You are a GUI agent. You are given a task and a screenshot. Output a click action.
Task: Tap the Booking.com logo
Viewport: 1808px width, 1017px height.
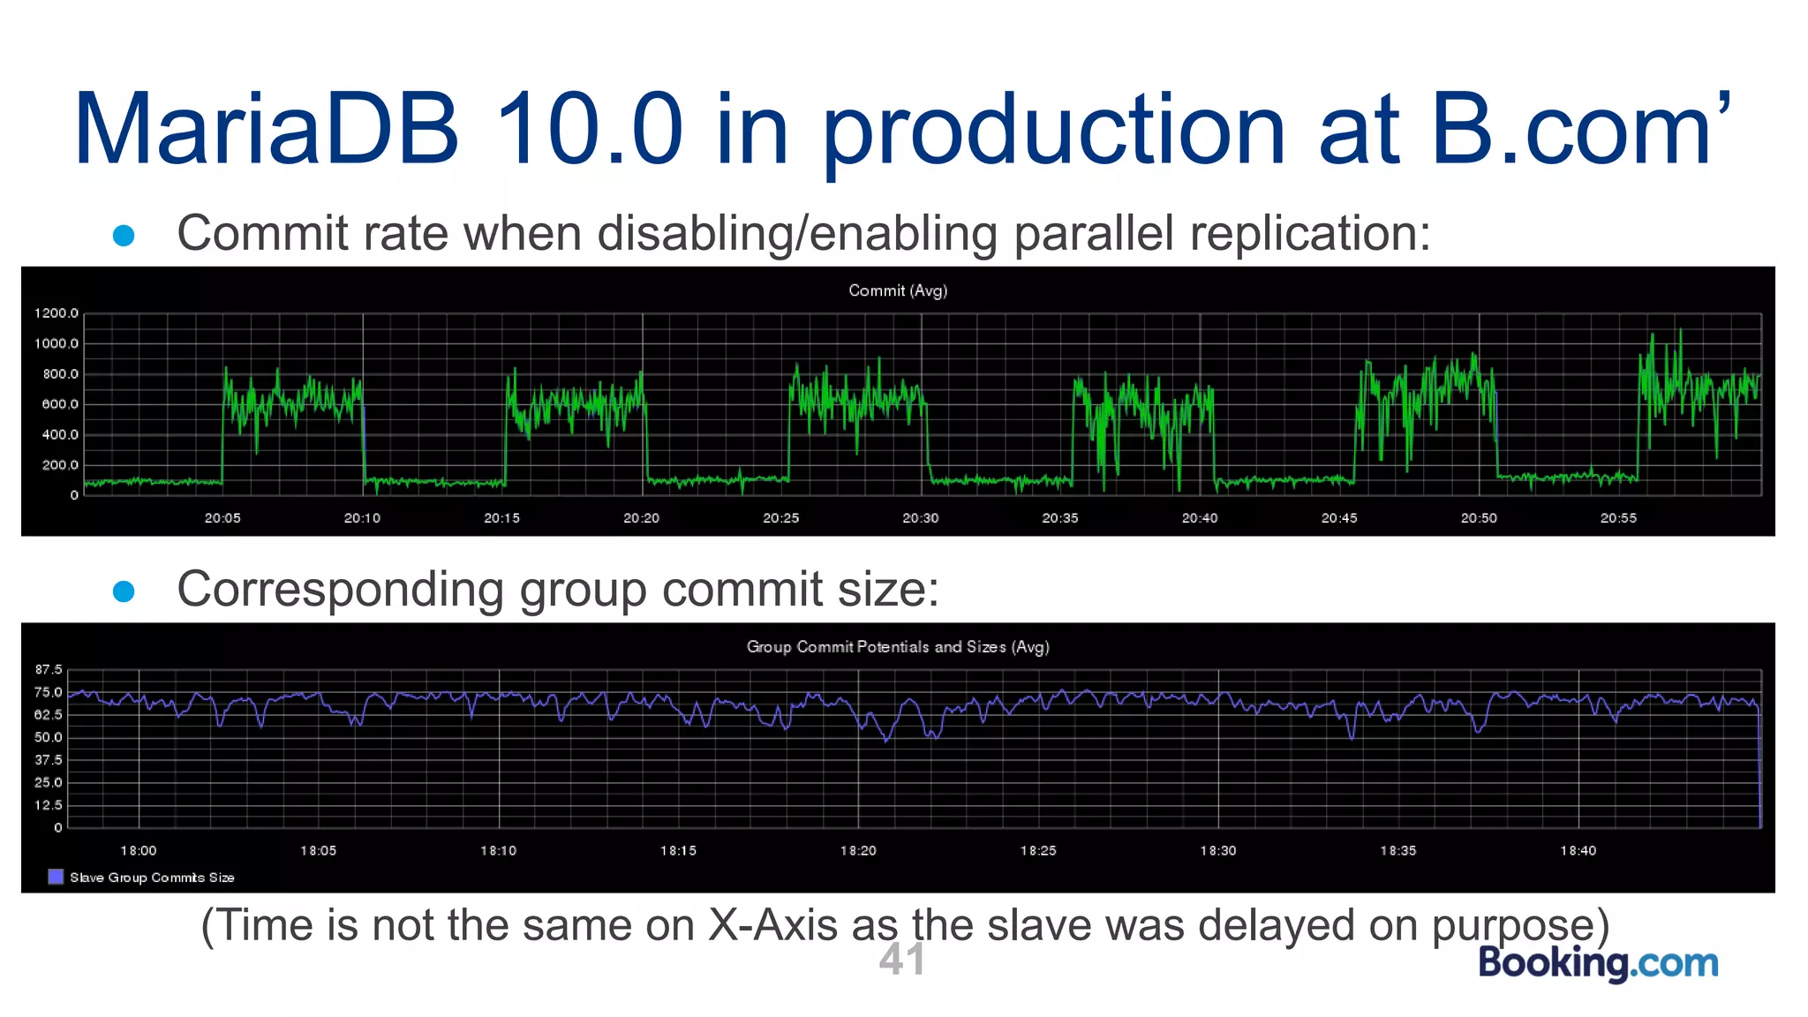point(1598,962)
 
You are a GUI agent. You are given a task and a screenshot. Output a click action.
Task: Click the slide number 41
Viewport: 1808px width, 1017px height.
point(901,960)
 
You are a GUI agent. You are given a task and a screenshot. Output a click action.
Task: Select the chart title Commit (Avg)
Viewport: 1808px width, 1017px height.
point(897,290)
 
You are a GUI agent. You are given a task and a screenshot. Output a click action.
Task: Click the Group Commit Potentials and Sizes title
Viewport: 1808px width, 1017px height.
point(897,647)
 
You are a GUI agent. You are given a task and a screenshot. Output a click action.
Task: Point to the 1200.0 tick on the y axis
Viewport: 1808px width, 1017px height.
point(56,313)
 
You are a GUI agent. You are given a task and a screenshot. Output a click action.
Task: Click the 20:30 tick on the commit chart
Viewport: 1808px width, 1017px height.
point(920,518)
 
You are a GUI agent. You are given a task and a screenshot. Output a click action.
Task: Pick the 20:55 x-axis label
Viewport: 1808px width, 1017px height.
point(1618,518)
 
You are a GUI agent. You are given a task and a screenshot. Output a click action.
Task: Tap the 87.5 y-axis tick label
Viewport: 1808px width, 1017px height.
point(49,670)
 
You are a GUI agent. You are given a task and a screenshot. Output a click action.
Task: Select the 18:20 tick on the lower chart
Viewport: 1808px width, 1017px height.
point(858,851)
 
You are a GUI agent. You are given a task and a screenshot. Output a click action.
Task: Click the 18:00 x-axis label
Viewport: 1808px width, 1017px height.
point(139,851)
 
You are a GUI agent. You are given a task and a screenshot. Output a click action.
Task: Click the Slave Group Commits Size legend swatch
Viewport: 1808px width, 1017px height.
point(56,877)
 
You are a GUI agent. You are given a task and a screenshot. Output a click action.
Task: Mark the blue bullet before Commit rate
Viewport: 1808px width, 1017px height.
point(124,235)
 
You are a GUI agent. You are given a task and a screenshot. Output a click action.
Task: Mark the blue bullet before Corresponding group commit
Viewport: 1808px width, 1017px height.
point(124,591)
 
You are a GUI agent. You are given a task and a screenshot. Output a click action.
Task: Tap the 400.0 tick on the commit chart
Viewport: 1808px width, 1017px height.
point(60,435)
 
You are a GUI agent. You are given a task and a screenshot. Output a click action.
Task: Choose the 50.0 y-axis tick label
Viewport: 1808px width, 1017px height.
point(49,738)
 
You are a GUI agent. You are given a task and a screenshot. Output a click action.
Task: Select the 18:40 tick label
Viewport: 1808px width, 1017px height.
point(1578,851)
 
